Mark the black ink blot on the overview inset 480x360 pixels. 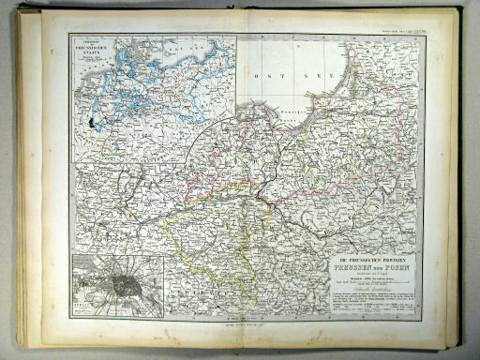(91, 123)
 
